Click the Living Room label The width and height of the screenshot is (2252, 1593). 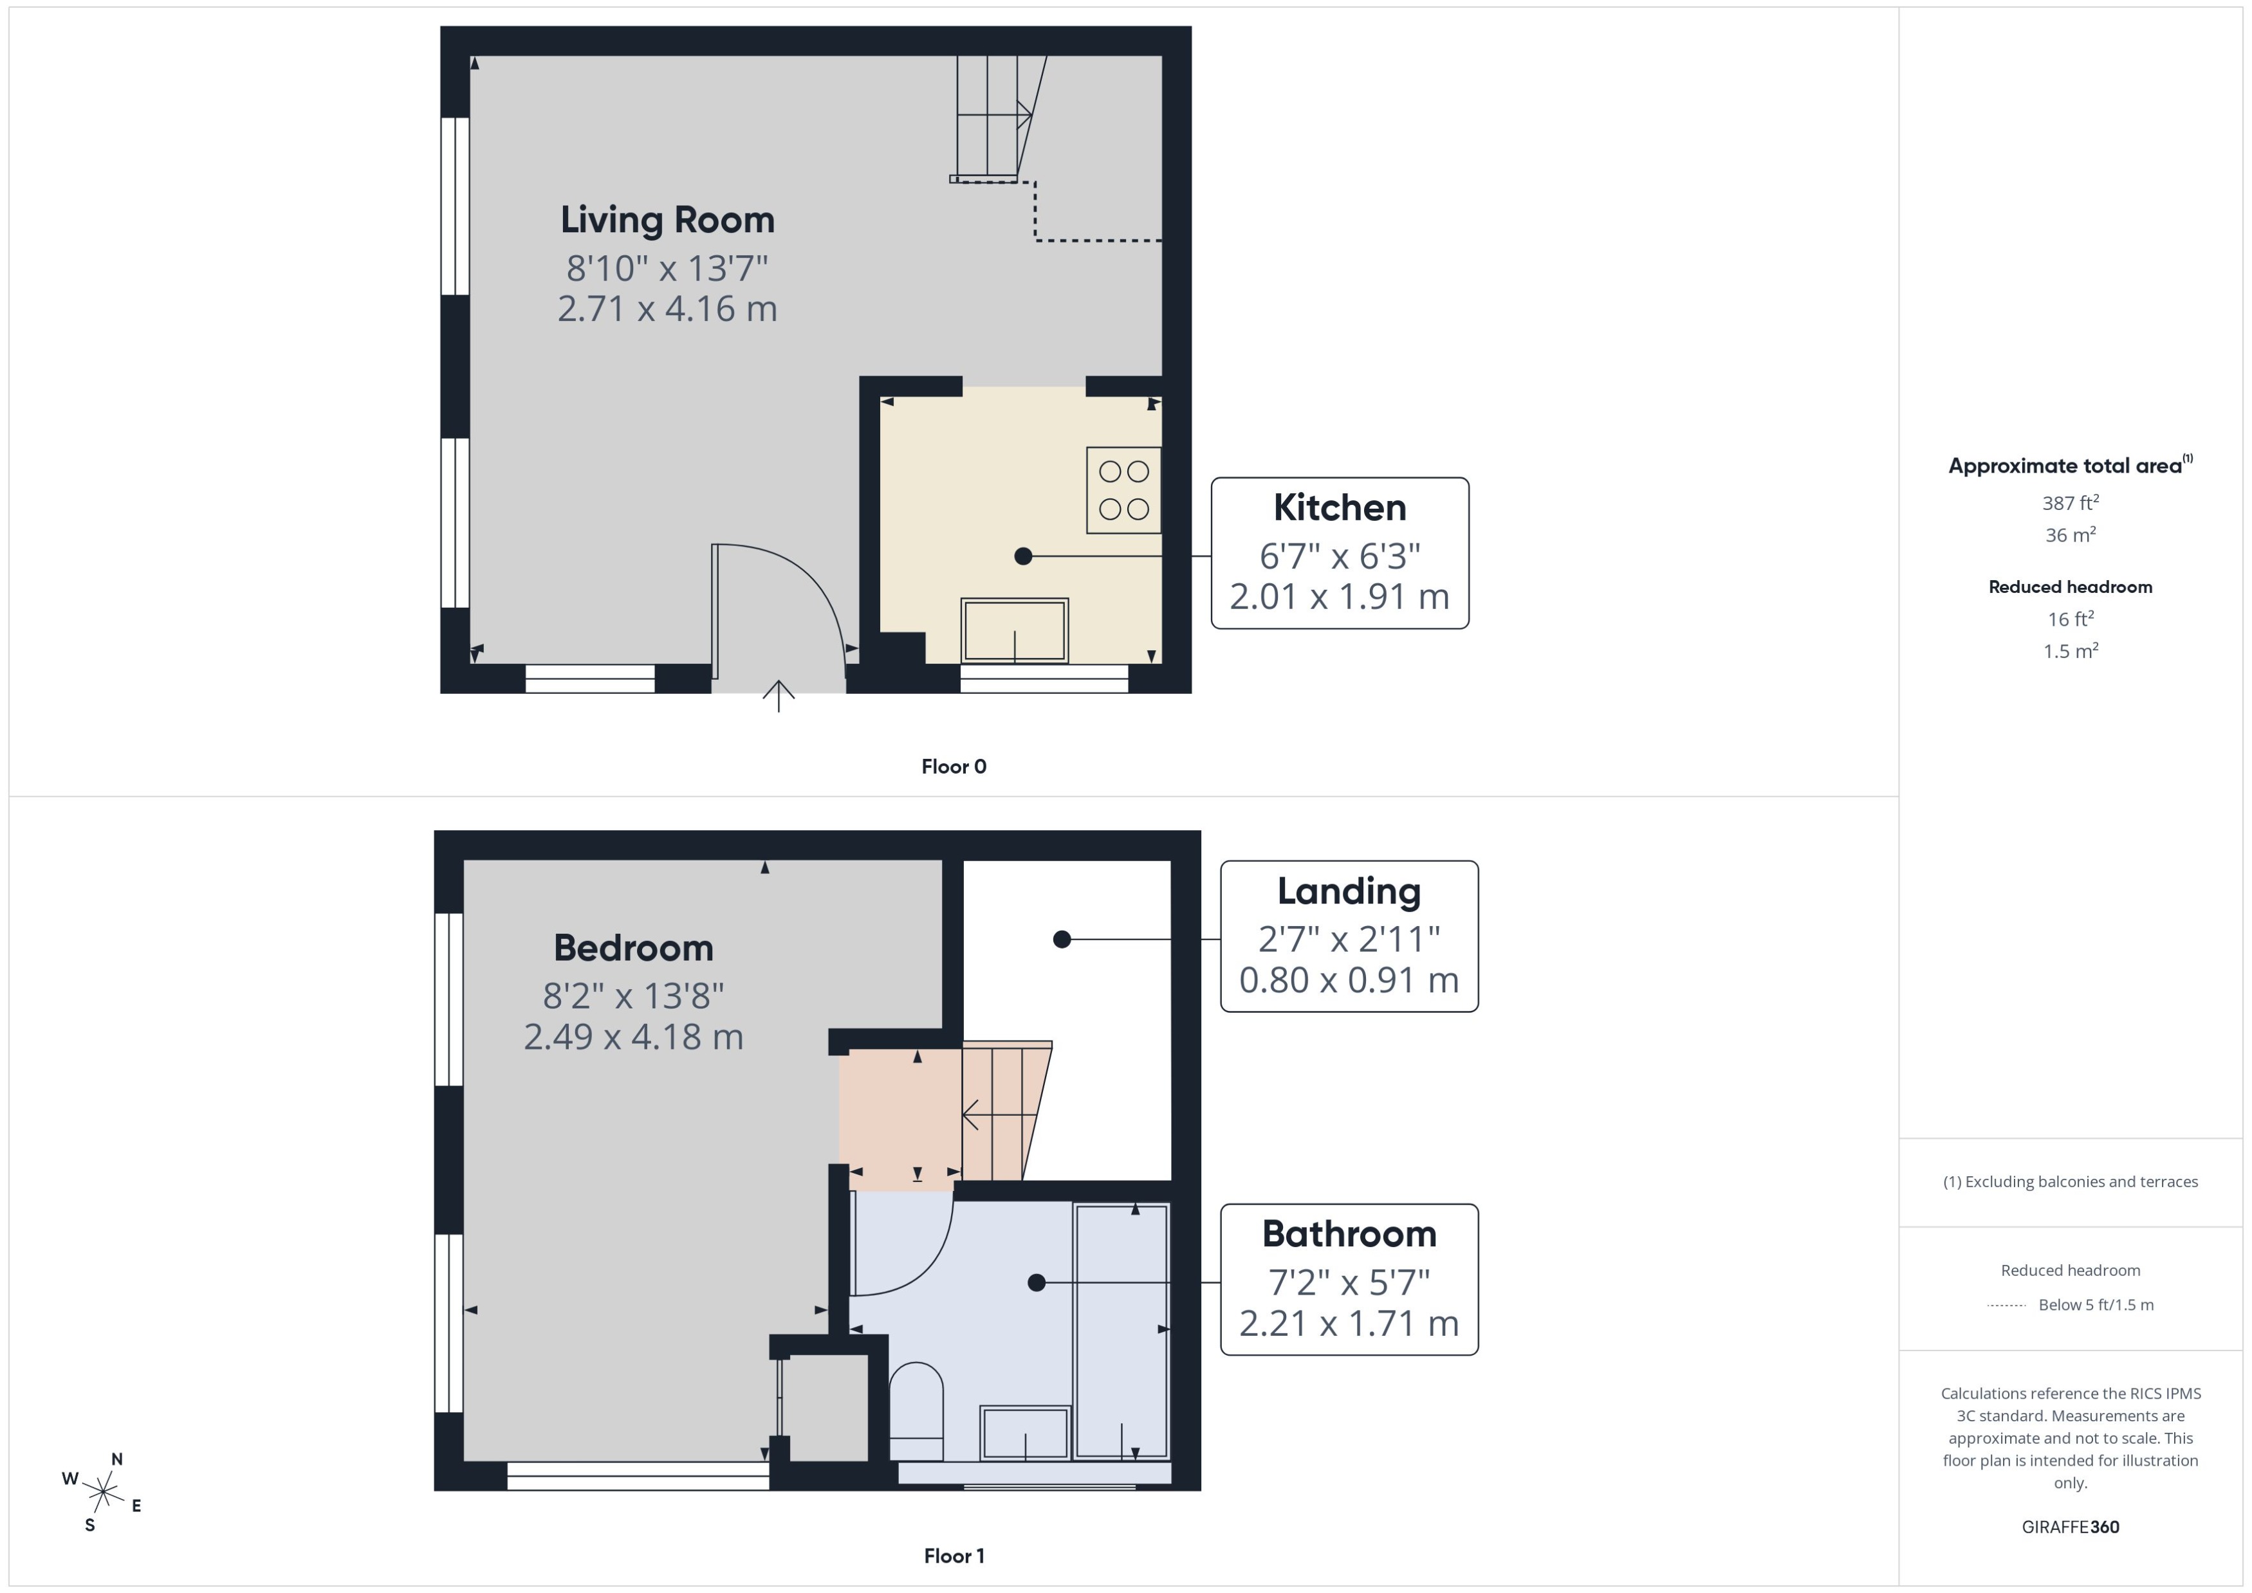tap(667, 220)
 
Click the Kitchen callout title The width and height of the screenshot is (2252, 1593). tap(1340, 508)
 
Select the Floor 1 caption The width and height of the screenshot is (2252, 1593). tap(954, 1556)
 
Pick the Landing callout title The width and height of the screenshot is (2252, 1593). tap(1348, 891)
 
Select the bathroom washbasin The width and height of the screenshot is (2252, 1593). tap(1024, 1432)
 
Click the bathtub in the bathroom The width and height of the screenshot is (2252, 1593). tap(1121, 1331)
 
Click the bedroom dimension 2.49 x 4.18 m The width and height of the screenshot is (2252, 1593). tap(633, 1037)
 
